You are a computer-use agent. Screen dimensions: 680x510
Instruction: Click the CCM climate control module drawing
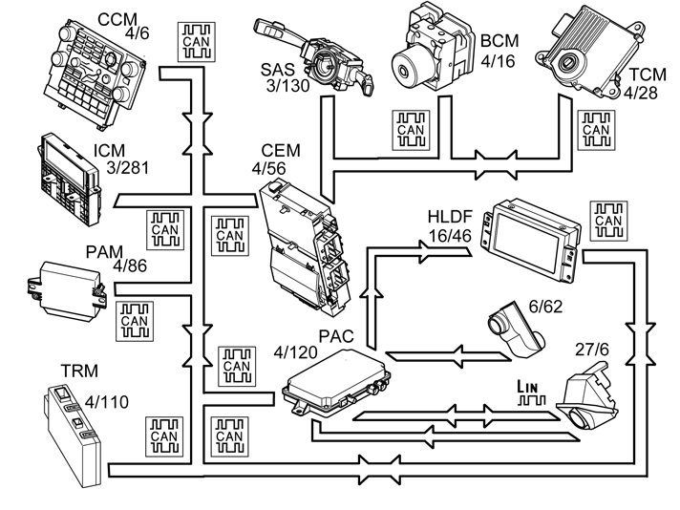(95, 74)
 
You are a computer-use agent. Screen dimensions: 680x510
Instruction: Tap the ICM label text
(109, 151)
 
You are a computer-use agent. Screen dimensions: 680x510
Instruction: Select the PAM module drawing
(66, 291)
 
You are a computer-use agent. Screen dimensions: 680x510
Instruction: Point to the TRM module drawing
(72, 435)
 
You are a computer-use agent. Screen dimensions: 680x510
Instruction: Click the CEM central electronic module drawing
(306, 247)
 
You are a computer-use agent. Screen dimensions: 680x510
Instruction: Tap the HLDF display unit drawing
(532, 240)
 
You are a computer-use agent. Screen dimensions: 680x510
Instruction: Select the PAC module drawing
(336, 383)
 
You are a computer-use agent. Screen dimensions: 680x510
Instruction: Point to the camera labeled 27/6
(587, 396)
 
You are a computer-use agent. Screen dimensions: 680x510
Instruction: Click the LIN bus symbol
(531, 393)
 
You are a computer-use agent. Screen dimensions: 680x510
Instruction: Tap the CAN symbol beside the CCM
(197, 42)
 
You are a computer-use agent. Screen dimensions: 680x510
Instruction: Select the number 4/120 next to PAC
(295, 352)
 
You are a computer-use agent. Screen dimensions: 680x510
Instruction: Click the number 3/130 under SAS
(288, 85)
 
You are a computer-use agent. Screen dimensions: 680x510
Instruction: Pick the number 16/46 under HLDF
(450, 236)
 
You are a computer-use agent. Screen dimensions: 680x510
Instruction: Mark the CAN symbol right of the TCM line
(596, 130)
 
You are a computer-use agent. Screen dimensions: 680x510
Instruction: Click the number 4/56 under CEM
(269, 168)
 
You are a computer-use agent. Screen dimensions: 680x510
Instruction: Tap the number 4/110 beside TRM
(107, 402)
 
